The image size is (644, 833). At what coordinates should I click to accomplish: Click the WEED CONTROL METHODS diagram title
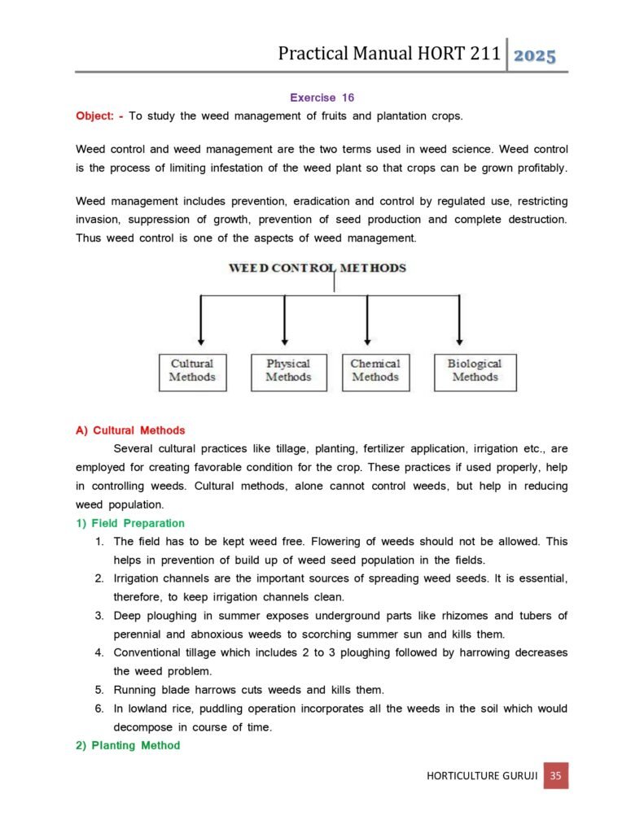(318, 268)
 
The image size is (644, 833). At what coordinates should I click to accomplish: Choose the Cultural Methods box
(192, 371)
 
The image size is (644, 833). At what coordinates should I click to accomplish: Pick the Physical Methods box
(288, 371)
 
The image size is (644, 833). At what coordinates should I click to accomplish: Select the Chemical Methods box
(375, 371)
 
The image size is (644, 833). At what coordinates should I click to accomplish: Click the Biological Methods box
(475, 371)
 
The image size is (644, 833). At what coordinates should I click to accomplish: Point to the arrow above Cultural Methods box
(201, 320)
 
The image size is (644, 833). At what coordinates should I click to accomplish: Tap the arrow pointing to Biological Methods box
(460, 320)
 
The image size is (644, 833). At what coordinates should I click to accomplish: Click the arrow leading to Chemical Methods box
(367, 320)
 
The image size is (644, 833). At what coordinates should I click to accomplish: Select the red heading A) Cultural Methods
(130, 430)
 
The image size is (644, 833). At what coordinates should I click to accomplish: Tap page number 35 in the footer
(555, 775)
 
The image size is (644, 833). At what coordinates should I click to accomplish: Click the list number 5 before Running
(98, 690)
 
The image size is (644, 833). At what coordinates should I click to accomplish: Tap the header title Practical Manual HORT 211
(388, 54)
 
